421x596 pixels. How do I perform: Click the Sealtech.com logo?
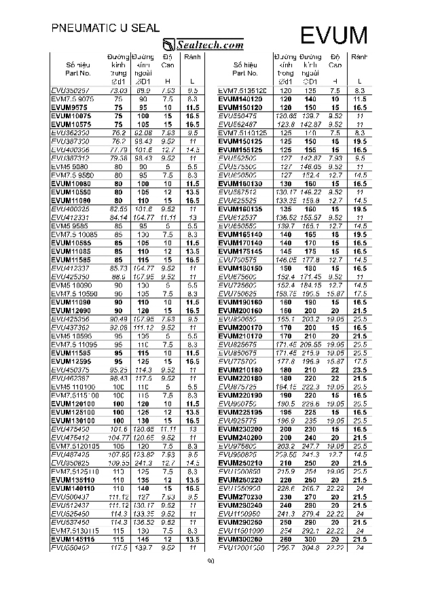click(x=204, y=45)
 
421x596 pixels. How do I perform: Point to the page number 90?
click(x=210, y=561)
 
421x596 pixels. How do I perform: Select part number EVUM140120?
click(x=240, y=99)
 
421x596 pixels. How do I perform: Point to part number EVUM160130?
click(x=240, y=183)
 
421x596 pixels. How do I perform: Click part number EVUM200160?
click(x=240, y=310)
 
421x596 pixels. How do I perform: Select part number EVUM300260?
click(x=240, y=539)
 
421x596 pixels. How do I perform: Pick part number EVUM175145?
click(x=240, y=251)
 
